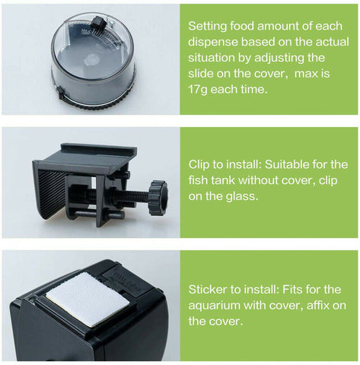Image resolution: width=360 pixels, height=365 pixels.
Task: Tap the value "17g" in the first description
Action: click(200, 90)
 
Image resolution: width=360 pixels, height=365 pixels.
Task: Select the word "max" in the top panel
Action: click(307, 74)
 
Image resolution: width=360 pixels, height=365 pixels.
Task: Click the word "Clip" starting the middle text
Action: click(200, 163)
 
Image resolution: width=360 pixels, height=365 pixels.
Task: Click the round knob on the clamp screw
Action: click(158, 196)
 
